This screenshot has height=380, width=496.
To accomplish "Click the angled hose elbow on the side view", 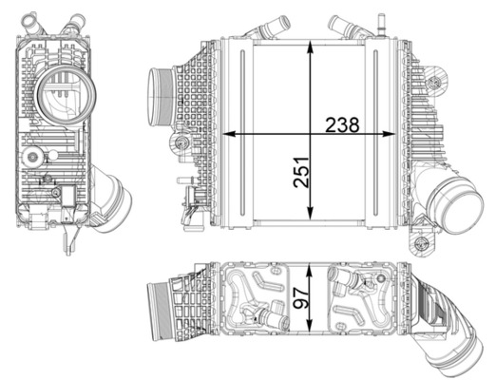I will (110, 195).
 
